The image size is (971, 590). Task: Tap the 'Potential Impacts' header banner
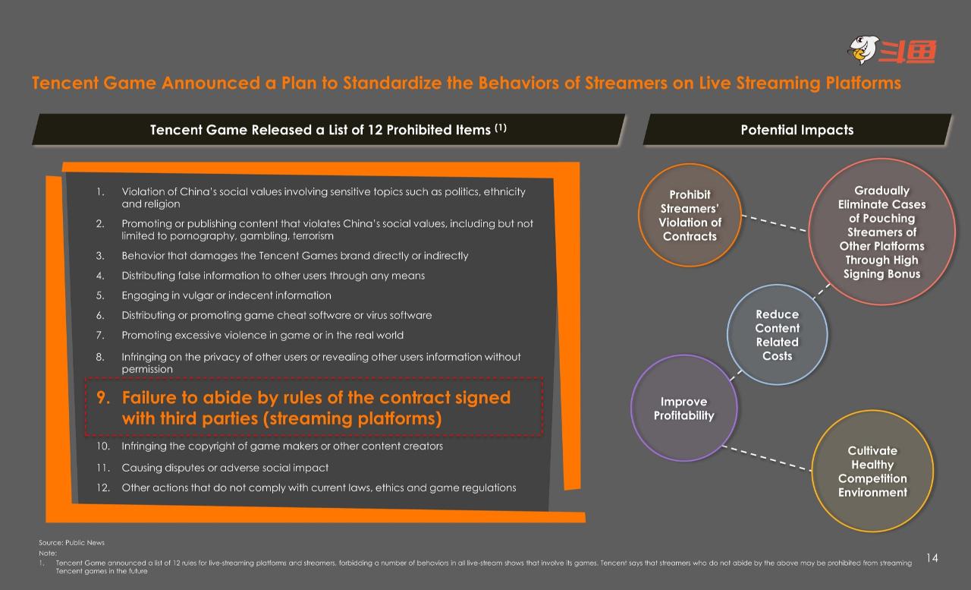797,129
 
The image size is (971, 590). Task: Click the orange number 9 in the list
102,397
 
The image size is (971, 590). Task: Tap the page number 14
932,558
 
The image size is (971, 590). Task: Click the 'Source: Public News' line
71,543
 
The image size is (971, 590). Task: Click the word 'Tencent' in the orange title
65,83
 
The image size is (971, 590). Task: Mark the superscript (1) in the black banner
501,128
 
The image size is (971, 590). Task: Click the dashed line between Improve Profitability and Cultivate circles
766,458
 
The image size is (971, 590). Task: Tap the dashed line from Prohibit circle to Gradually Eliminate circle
775,223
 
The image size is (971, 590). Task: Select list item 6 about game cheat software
263,315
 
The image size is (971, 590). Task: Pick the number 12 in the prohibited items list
102,487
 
